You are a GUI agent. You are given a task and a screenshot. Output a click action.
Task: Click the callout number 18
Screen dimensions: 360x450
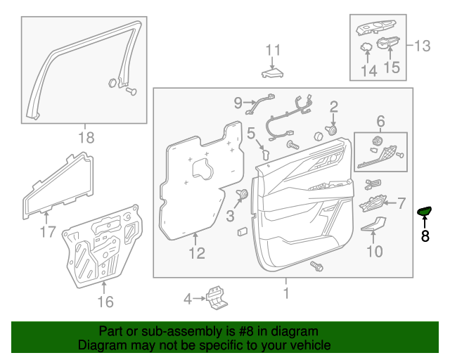(x=85, y=138)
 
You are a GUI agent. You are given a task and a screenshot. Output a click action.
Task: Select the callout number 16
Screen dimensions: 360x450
(x=105, y=302)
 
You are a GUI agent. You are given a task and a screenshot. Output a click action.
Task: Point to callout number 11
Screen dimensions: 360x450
(x=273, y=50)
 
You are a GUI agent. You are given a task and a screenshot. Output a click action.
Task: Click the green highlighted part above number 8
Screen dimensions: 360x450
(x=424, y=211)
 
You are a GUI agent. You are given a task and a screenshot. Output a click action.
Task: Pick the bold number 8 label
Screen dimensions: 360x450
(x=425, y=236)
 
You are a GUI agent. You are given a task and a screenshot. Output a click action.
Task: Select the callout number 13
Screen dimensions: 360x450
(x=421, y=46)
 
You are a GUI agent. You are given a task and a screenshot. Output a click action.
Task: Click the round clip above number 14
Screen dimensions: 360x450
(x=366, y=47)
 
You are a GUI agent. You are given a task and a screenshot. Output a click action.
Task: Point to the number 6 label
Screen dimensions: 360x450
(x=380, y=120)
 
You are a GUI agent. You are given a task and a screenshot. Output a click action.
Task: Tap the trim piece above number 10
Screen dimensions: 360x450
(x=374, y=224)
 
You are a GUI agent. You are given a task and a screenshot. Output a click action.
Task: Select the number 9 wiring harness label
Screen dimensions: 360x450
(x=238, y=103)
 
